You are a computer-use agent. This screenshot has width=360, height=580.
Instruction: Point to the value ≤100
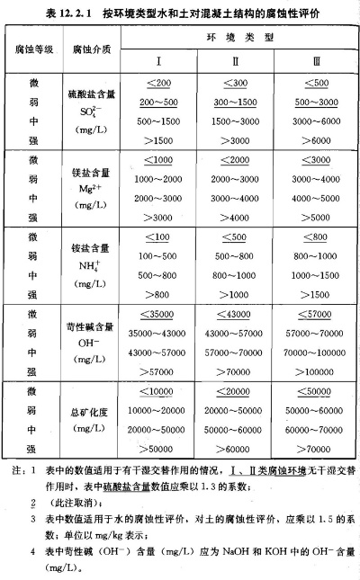tap(157, 237)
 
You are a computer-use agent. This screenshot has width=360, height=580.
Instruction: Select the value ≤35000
tap(157, 315)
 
